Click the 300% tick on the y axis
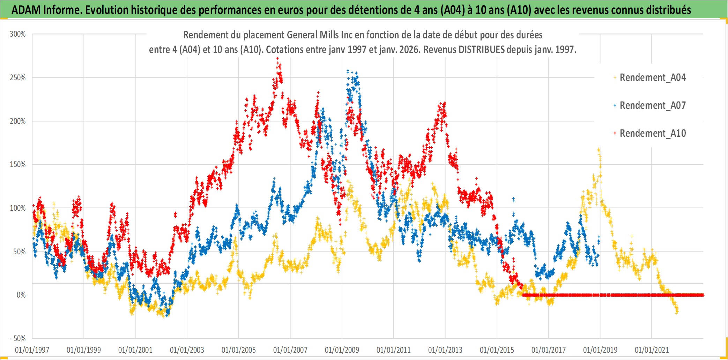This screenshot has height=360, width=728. pyautogui.click(x=18, y=34)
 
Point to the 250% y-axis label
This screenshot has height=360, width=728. pyautogui.click(x=18, y=77)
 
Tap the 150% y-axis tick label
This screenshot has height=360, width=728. pyautogui.click(x=18, y=164)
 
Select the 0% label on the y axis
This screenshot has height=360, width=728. pyautogui.click(x=21, y=295)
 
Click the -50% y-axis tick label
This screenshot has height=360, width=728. pyautogui.click(x=17, y=338)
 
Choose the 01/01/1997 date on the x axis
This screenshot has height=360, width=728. pyautogui.click(x=32, y=350)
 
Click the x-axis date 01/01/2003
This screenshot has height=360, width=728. pyautogui.click(x=187, y=350)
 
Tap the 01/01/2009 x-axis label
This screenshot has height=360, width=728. pyautogui.click(x=342, y=350)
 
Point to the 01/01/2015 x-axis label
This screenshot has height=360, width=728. pyautogui.click(x=497, y=350)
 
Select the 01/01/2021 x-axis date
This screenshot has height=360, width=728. pyautogui.click(x=652, y=350)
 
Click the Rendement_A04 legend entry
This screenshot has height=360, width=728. pyautogui.click(x=652, y=77)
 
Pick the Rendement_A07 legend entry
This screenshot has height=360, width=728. pyautogui.click(x=652, y=105)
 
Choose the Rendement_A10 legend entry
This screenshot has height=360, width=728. pyautogui.click(x=652, y=133)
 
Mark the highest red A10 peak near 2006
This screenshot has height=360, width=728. pyautogui.click(x=277, y=59)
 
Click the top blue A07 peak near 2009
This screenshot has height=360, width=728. pyautogui.click(x=348, y=70)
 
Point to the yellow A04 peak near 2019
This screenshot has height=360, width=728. pyautogui.click(x=599, y=149)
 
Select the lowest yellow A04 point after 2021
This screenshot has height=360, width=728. pyautogui.click(x=677, y=313)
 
